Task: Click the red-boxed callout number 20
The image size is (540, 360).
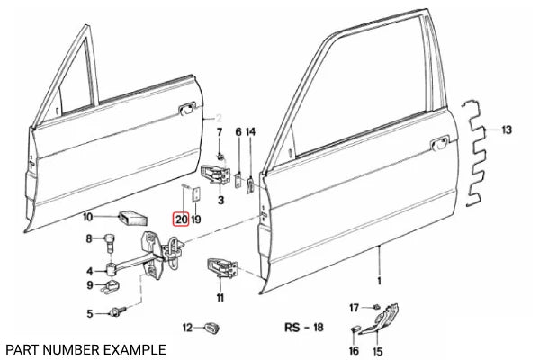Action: (181, 218)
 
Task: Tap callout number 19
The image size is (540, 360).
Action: (196, 218)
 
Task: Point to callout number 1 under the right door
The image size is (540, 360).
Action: (379, 282)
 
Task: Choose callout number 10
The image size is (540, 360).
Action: (87, 217)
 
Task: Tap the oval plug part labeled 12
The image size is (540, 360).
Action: (211, 326)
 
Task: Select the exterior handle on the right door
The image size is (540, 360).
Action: (440, 143)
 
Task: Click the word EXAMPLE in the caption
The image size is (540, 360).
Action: (132, 348)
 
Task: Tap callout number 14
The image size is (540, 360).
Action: (251, 132)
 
